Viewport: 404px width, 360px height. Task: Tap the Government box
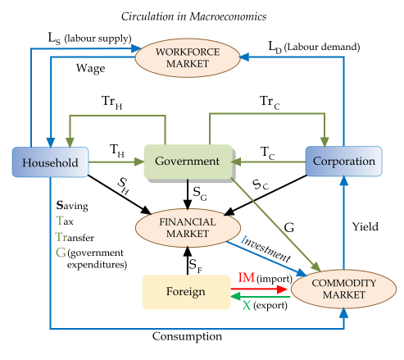tap(188, 162)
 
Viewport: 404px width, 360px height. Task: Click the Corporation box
tap(343, 162)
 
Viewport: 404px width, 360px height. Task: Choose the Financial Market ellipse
tap(188, 227)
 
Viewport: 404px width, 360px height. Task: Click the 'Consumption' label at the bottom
tap(188, 336)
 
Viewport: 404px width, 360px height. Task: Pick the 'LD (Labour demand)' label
tap(315, 47)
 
